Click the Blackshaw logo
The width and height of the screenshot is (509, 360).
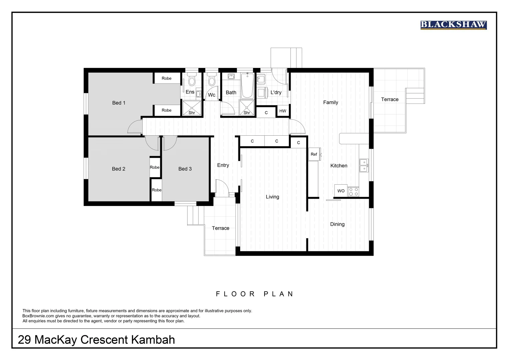tap(453, 25)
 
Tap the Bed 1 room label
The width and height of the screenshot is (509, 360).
tap(119, 103)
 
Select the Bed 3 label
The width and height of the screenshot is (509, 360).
tap(185, 169)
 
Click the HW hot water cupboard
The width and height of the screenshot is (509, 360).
tap(282, 111)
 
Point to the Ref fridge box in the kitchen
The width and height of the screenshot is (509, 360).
tap(314, 154)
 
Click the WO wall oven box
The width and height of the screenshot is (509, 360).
tap(341, 191)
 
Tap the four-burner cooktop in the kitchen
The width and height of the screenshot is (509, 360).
tap(353, 191)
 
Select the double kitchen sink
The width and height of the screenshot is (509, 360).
tap(364, 165)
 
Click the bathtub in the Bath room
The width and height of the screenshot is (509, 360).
tap(247, 86)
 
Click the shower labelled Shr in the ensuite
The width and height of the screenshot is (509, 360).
tap(192, 108)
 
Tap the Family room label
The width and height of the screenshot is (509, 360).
tap(330, 102)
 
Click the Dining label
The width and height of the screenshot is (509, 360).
tap(337, 224)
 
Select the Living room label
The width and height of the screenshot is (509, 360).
tap(272, 197)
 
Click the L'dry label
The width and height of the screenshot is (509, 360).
tap(276, 92)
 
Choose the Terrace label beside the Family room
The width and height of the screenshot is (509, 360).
tap(389, 99)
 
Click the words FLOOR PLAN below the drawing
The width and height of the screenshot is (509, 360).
tap(254, 294)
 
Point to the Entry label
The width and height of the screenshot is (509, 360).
tap(223, 165)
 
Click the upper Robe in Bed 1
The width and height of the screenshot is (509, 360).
tap(167, 78)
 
